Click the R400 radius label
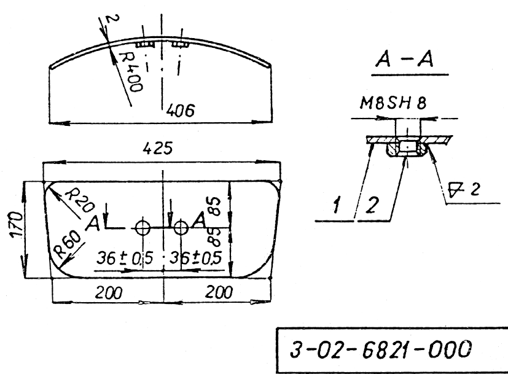click(x=131, y=72)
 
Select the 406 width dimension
click(x=181, y=111)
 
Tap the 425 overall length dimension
click(x=158, y=148)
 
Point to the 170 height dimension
click(x=17, y=225)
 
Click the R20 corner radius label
click(x=80, y=201)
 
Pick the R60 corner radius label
click(x=68, y=244)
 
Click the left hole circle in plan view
click(x=143, y=228)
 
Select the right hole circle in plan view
click(x=181, y=228)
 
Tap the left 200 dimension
click(x=109, y=293)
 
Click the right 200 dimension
click(x=219, y=292)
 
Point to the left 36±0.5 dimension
click(x=125, y=258)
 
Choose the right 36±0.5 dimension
click(x=196, y=258)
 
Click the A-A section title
click(x=404, y=60)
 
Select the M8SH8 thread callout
click(x=393, y=103)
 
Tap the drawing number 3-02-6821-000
click(x=380, y=349)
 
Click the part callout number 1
click(x=337, y=205)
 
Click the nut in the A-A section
click(x=407, y=147)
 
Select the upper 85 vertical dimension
click(x=215, y=206)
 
